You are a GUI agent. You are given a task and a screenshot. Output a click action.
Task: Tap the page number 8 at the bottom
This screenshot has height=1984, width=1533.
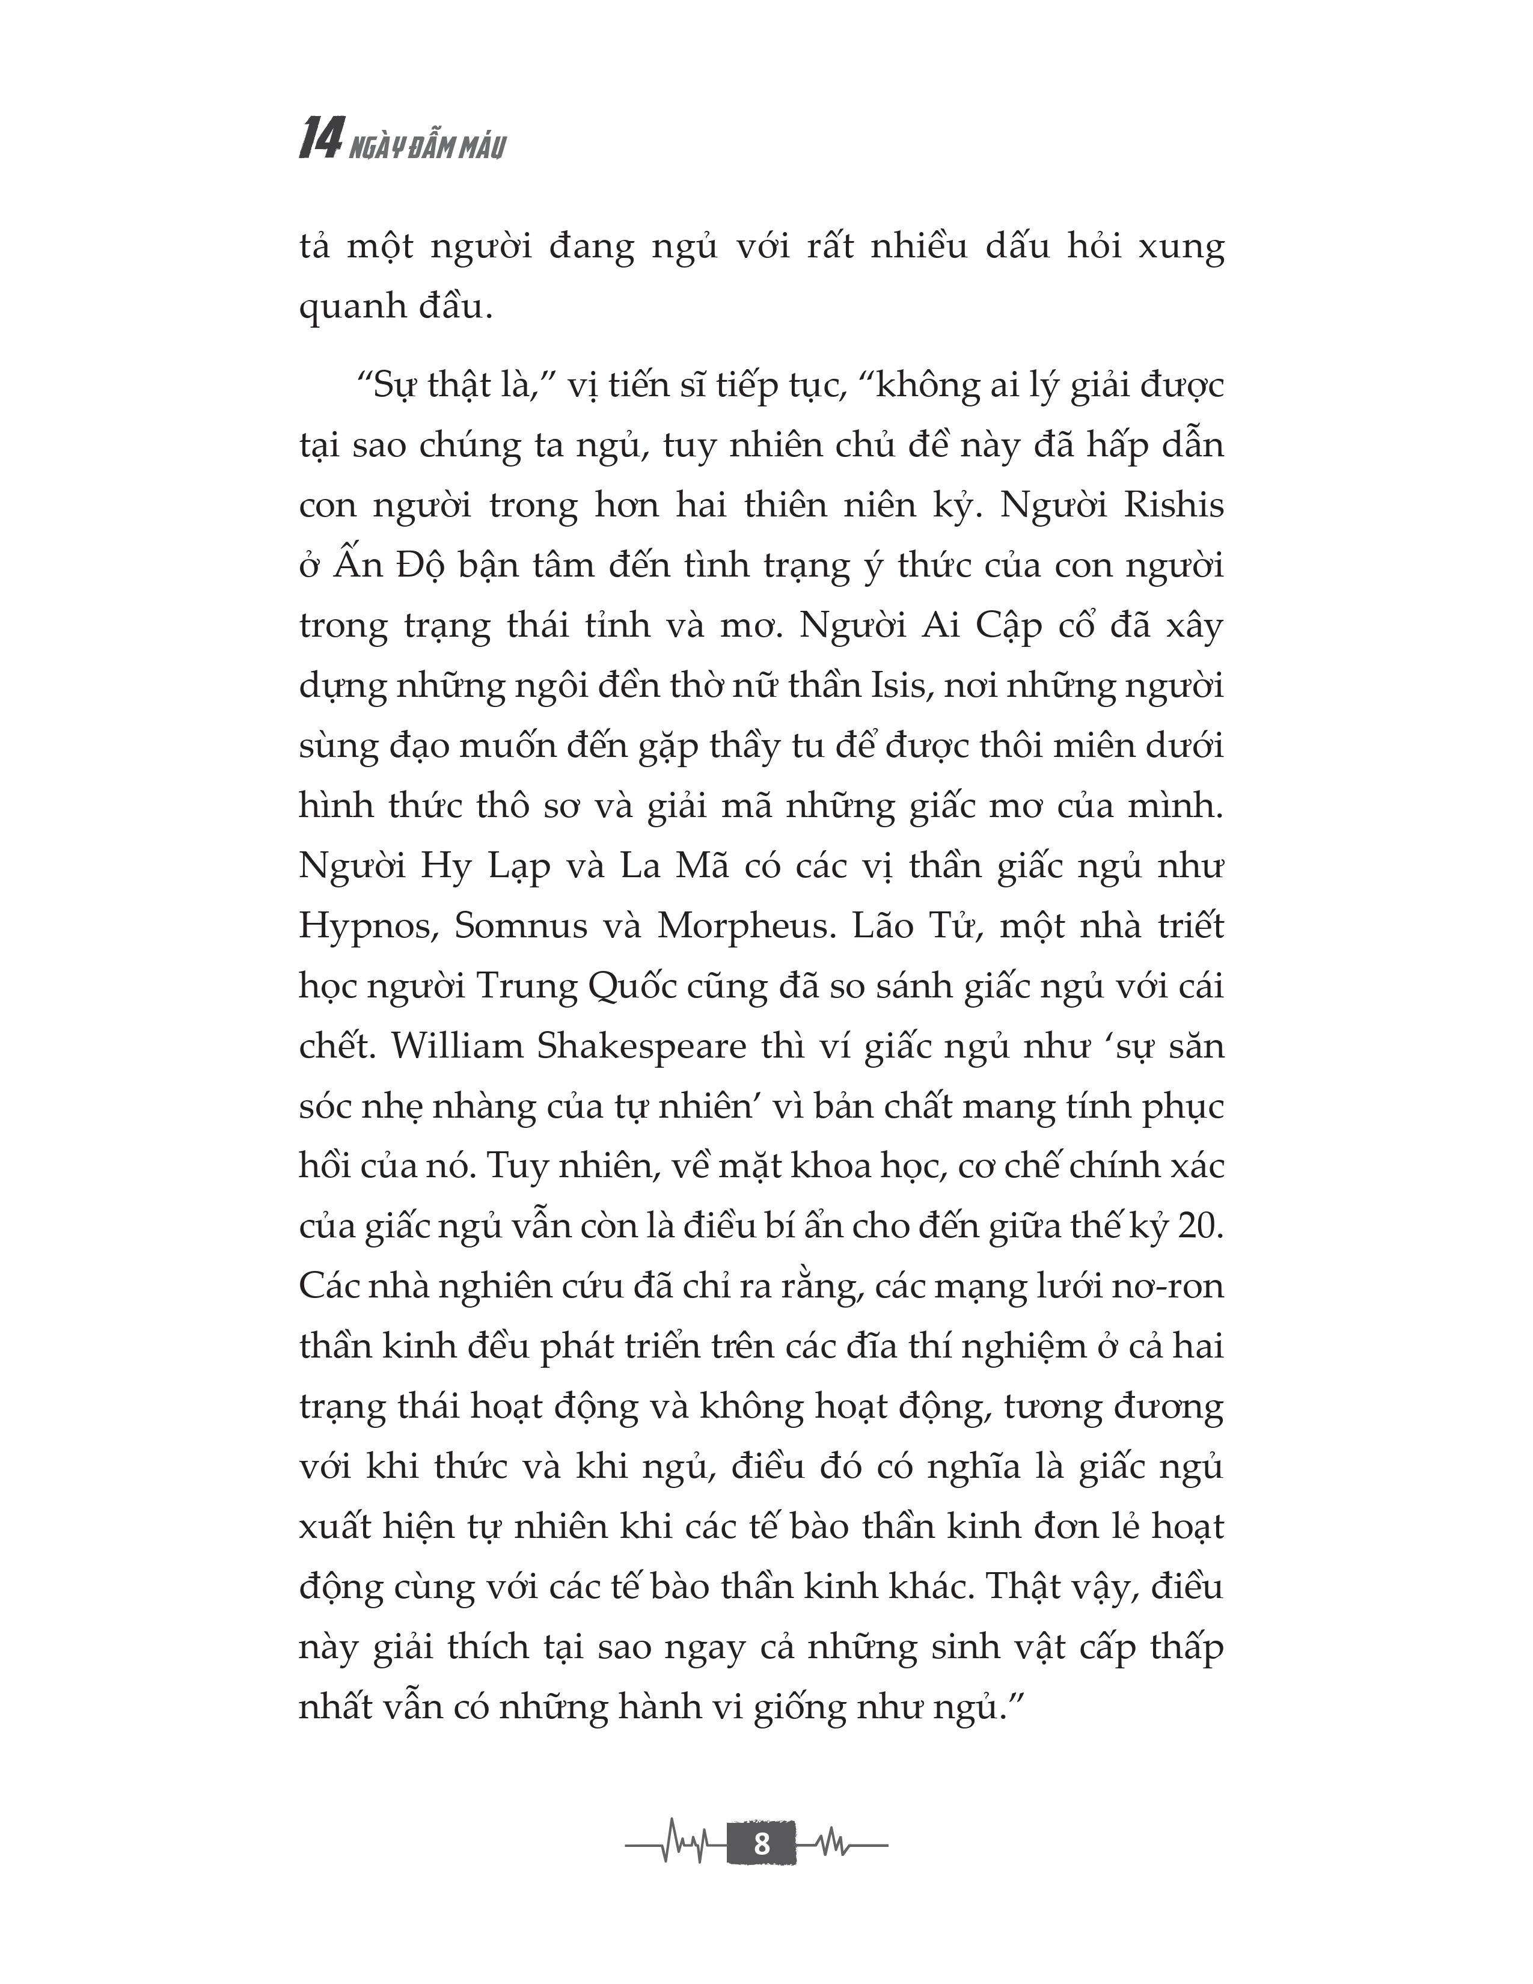click(761, 1843)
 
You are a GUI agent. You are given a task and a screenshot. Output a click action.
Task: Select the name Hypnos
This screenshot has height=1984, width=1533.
click(369, 926)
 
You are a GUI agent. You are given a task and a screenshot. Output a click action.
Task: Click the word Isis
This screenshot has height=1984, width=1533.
click(904, 685)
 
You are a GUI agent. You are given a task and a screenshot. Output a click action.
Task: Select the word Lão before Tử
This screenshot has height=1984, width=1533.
click(882, 926)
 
